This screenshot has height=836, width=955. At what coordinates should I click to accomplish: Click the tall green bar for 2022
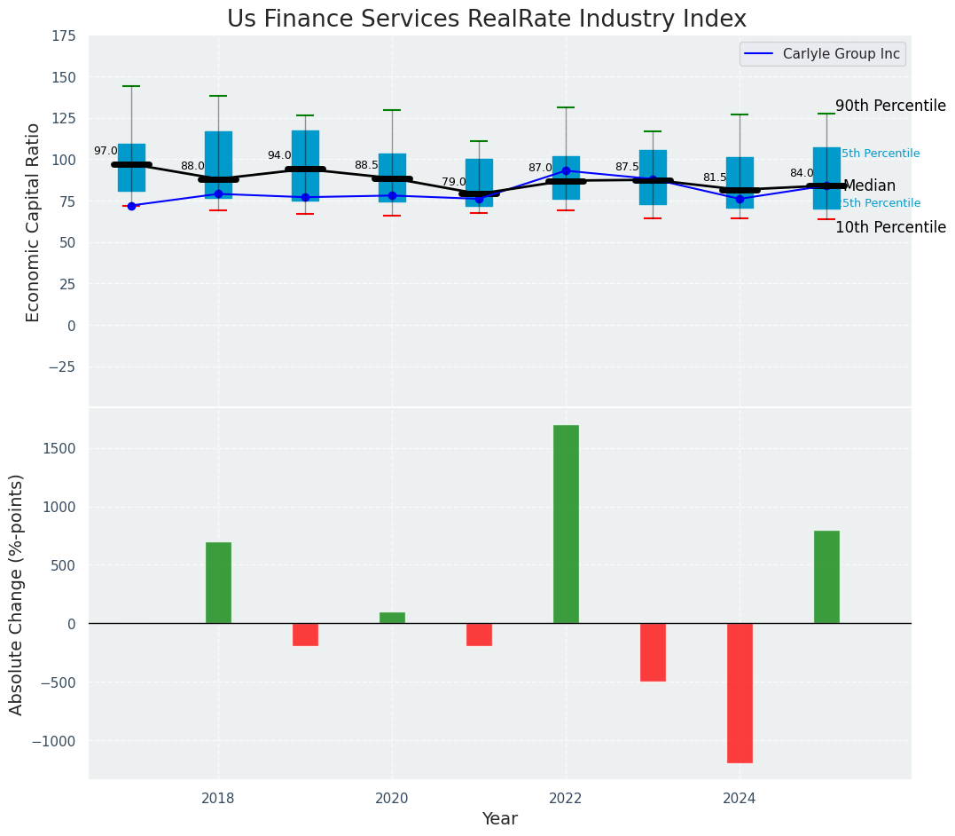(566, 524)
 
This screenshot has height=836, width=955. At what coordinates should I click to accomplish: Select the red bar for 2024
(740, 692)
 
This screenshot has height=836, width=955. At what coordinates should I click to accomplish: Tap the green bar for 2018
(218, 582)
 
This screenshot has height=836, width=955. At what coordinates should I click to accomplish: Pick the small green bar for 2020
(392, 618)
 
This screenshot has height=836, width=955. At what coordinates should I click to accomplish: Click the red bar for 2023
(653, 651)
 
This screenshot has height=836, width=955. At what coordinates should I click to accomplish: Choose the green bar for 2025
(826, 577)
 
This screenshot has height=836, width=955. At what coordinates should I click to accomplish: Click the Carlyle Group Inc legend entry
(823, 54)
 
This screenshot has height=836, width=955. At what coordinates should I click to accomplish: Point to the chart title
(487, 19)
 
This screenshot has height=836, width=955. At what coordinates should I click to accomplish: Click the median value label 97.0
(106, 152)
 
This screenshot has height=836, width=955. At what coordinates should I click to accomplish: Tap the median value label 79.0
(454, 182)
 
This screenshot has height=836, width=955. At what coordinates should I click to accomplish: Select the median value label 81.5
(715, 177)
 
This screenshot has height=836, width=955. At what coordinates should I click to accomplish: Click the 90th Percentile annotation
(890, 106)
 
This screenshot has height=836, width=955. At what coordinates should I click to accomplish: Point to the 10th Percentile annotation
(890, 227)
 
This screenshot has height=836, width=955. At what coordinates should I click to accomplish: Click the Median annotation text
(869, 186)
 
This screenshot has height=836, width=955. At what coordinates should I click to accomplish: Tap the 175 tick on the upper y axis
(63, 37)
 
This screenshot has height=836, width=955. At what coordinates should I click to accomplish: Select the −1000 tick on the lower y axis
(55, 741)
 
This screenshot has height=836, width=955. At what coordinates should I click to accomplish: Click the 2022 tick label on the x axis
(566, 798)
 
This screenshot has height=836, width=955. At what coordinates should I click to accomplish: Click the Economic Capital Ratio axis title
(34, 222)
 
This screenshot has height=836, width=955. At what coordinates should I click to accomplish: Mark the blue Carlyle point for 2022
(566, 170)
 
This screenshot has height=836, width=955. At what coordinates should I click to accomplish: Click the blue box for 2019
(305, 166)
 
